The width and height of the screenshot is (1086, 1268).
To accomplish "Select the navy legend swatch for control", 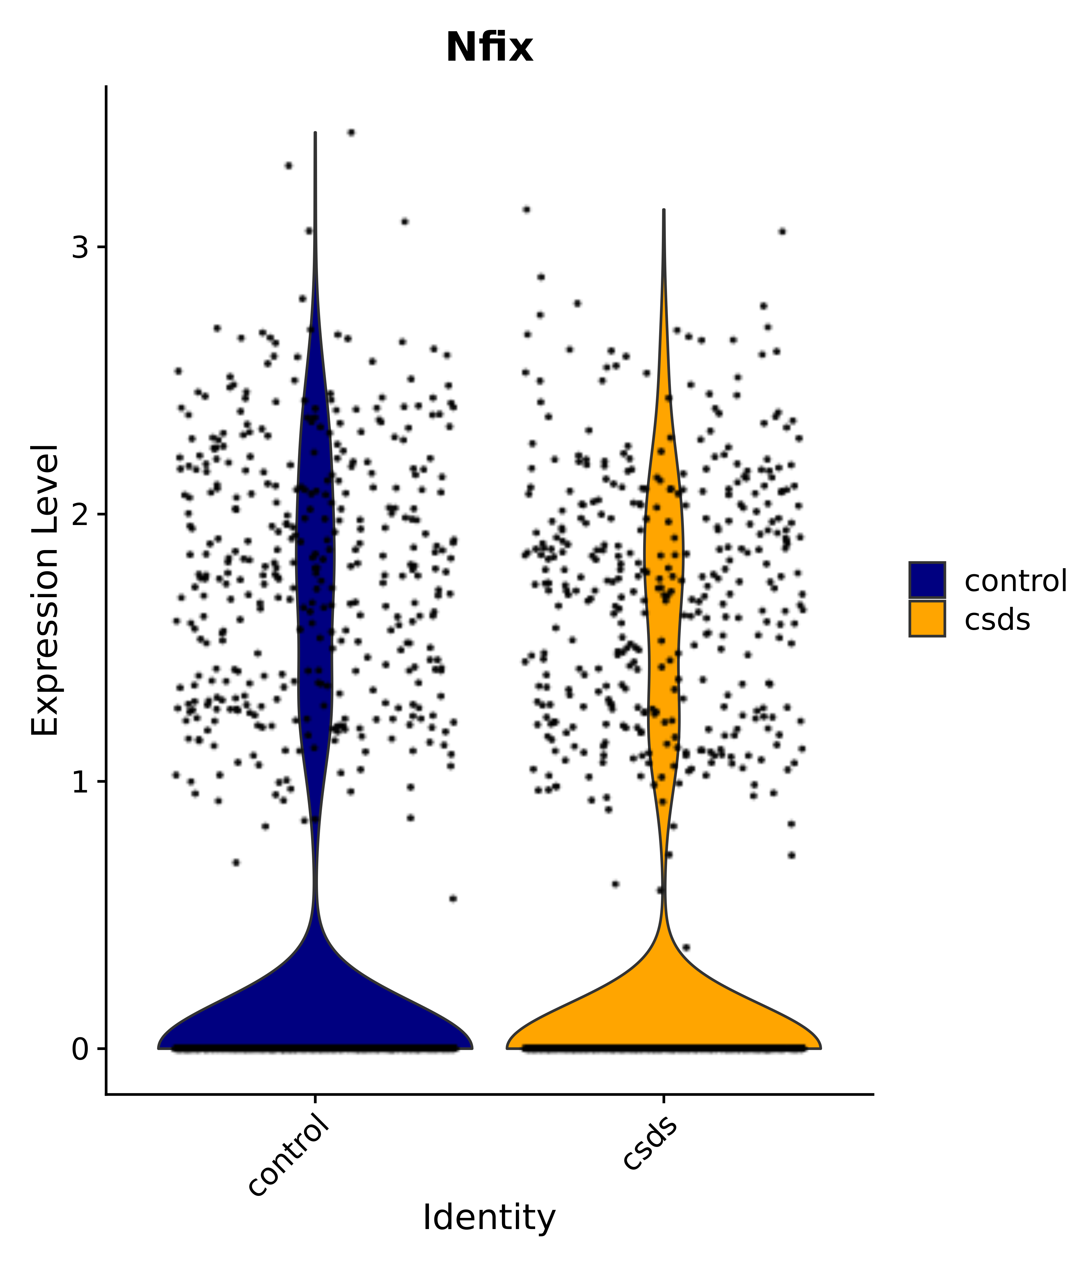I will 926,580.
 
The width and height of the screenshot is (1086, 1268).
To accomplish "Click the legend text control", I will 1015,581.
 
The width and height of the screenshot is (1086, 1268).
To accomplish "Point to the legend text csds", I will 997,620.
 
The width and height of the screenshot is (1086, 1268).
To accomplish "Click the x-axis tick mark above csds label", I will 663,1099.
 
